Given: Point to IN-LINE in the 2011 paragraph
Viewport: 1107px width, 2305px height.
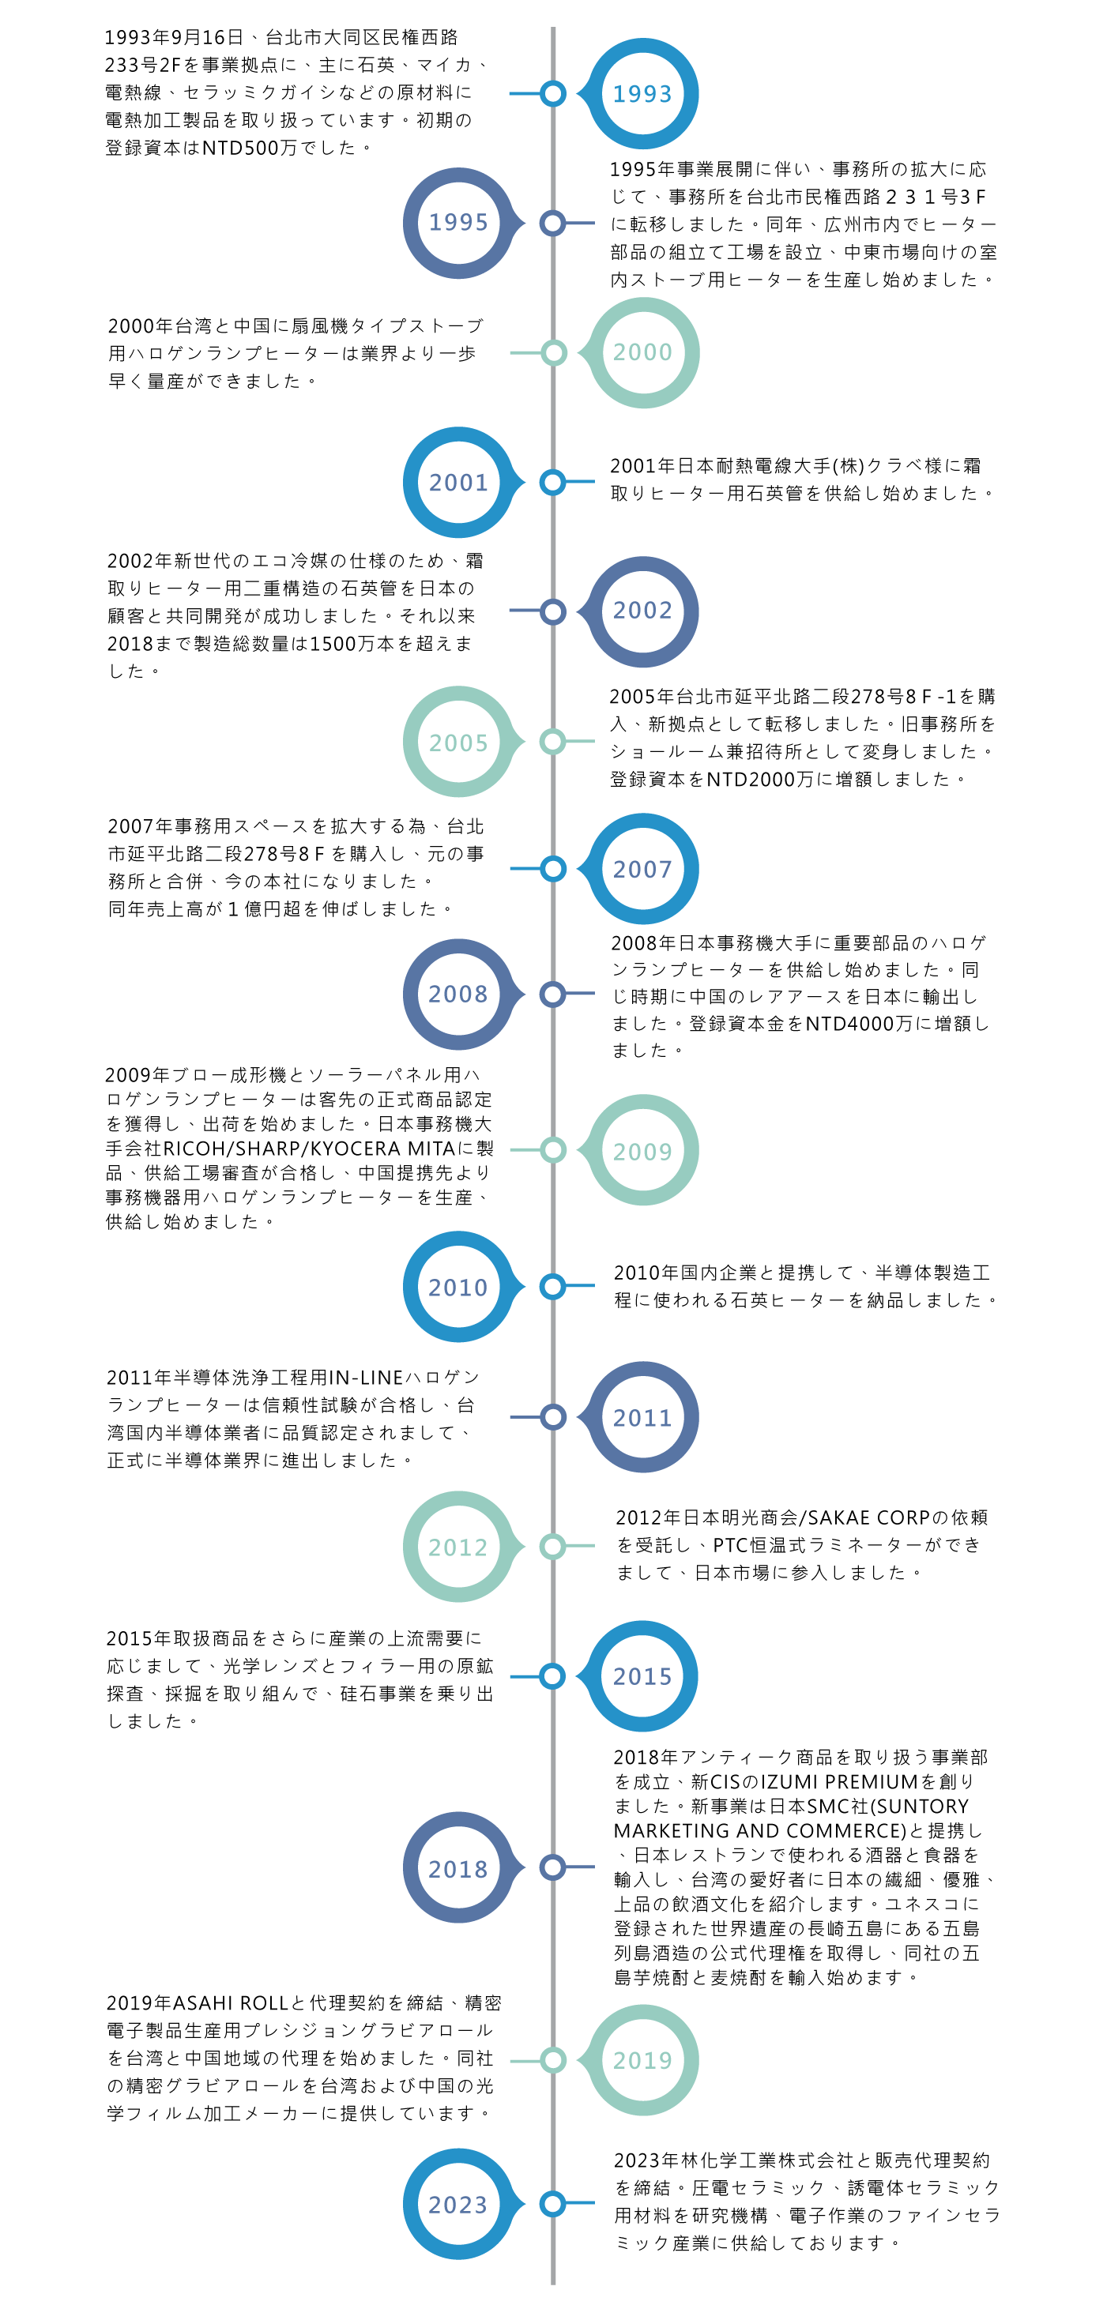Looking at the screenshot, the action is click(x=366, y=1378).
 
